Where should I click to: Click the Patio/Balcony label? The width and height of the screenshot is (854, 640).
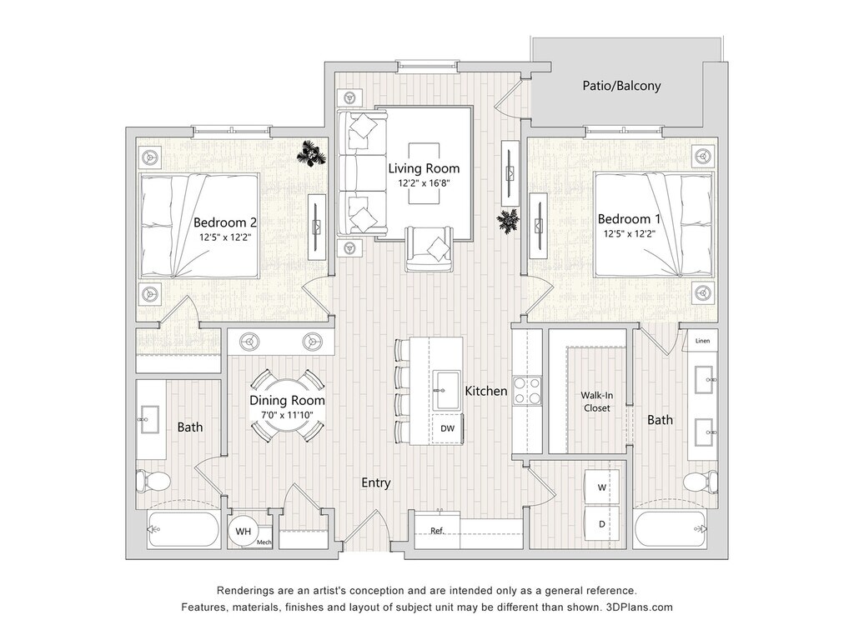click(x=621, y=86)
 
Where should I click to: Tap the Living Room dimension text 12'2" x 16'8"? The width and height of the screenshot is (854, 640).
click(x=424, y=183)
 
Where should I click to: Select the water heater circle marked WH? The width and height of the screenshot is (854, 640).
click(x=243, y=531)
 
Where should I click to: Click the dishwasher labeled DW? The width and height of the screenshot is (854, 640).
click(x=448, y=428)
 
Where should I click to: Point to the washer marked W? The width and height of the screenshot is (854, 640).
click(x=601, y=487)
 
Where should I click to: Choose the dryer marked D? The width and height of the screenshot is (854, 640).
click(x=601, y=523)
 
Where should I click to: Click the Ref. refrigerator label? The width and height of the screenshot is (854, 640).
click(x=437, y=531)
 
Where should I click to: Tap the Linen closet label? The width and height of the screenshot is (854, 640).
click(x=702, y=341)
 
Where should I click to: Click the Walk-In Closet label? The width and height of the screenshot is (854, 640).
click(x=597, y=402)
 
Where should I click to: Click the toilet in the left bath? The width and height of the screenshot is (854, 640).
click(x=153, y=482)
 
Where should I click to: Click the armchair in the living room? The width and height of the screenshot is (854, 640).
click(x=430, y=248)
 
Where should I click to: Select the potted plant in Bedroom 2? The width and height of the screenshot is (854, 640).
click(x=312, y=153)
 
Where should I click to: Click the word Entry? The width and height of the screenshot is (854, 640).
click(x=376, y=482)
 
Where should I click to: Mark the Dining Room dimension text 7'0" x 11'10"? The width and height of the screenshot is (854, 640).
click(x=287, y=415)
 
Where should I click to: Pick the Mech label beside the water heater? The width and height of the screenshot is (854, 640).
click(x=264, y=542)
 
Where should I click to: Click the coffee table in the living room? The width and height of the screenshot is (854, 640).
click(x=424, y=174)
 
